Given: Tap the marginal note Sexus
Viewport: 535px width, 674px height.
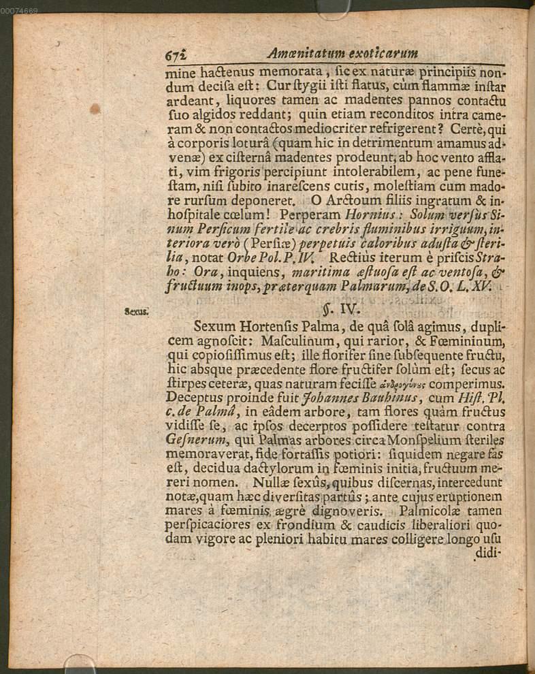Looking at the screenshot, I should tap(136, 312).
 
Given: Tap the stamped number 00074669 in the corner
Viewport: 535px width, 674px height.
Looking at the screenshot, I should tap(19, 10).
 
